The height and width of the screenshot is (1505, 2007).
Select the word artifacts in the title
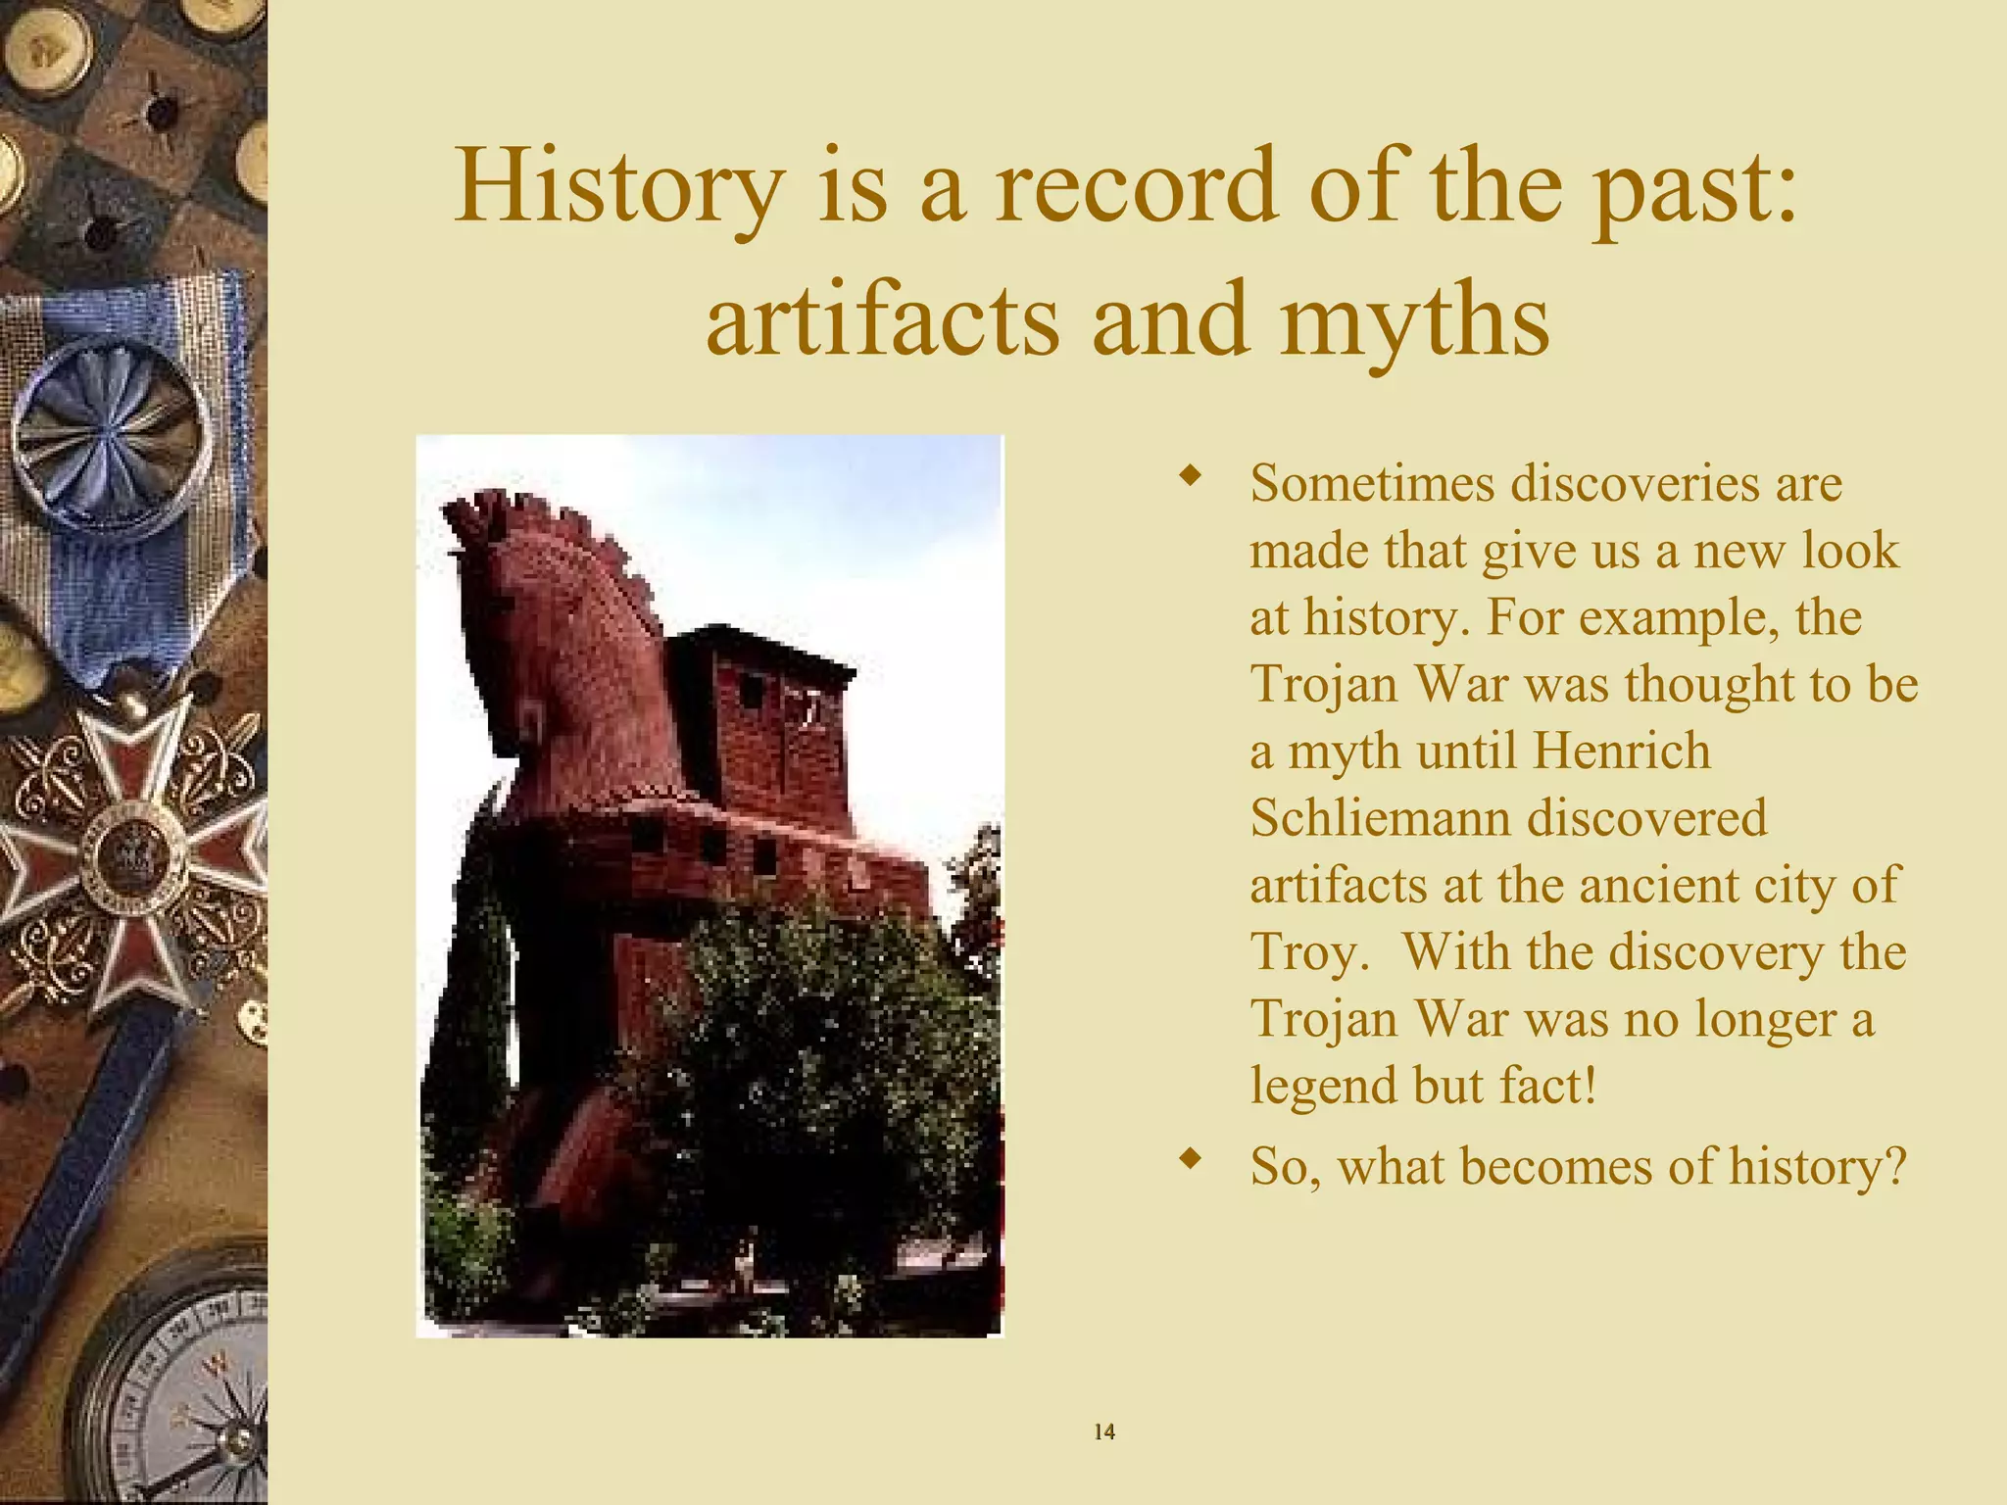point(882,319)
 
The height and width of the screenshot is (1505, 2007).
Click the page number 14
point(1103,1432)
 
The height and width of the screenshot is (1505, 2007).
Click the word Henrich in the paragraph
point(1621,752)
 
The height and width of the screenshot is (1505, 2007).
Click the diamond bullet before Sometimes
point(1190,477)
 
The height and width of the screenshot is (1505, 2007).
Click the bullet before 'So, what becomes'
point(1190,1160)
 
